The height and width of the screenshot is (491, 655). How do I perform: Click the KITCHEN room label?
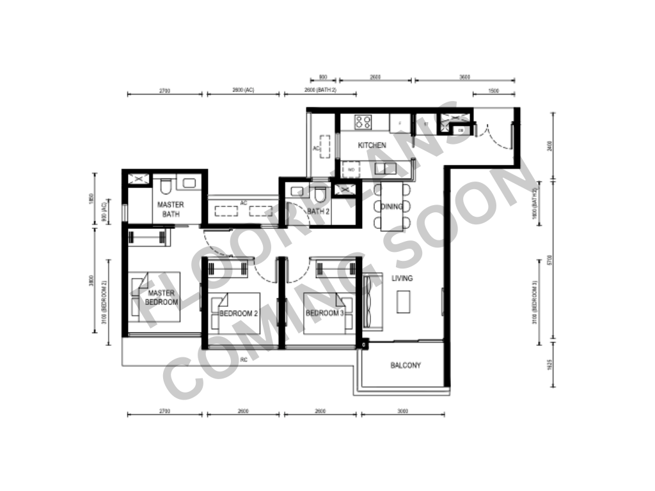[372, 146]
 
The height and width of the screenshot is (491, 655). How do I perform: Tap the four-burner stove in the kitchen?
[363, 121]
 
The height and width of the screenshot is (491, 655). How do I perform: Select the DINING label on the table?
[391, 207]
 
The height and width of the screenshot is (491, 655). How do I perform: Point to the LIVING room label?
[402, 278]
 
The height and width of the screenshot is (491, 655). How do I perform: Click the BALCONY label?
[406, 366]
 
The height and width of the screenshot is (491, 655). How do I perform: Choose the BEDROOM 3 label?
[324, 313]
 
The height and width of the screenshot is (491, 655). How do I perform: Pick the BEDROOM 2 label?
[238, 314]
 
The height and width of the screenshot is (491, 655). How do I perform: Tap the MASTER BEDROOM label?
[161, 297]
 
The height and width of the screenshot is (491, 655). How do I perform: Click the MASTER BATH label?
[171, 209]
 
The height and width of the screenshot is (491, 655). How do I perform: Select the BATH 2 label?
[318, 211]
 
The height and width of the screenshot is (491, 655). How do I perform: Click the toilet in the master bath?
[165, 185]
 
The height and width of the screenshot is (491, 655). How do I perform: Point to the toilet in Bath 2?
[320, 194]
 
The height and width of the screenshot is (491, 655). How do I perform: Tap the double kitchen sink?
[385, 169]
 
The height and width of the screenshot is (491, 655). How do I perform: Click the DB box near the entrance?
[461, 131]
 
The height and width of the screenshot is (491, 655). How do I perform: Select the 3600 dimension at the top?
[465, 77]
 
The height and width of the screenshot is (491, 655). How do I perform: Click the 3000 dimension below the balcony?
[402, 411]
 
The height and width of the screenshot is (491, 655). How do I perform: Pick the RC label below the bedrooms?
[244, 361]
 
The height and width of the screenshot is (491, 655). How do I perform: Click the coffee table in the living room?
[402, 302]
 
